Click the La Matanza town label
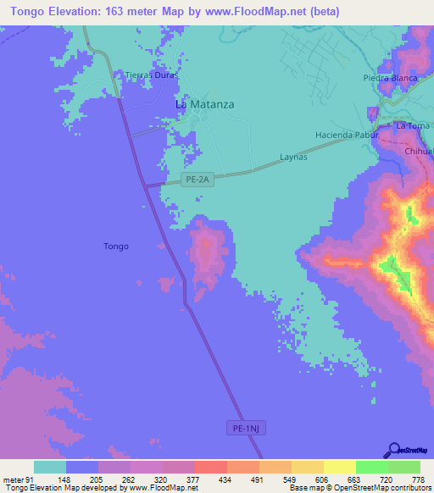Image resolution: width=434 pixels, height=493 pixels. tap(204, 104)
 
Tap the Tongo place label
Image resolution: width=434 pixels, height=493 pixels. tap(117, 246)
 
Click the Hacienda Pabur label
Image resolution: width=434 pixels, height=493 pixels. tap(345, 135)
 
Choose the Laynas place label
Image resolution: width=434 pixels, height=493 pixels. tap(293, 158)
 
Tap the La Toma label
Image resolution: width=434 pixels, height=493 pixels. tap(413, 126)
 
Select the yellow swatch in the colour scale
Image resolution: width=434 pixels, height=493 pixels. tap(340, 467)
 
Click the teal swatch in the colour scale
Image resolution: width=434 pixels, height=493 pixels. tap(50, 467)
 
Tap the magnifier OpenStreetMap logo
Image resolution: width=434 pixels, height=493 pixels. tap(395, 450)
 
